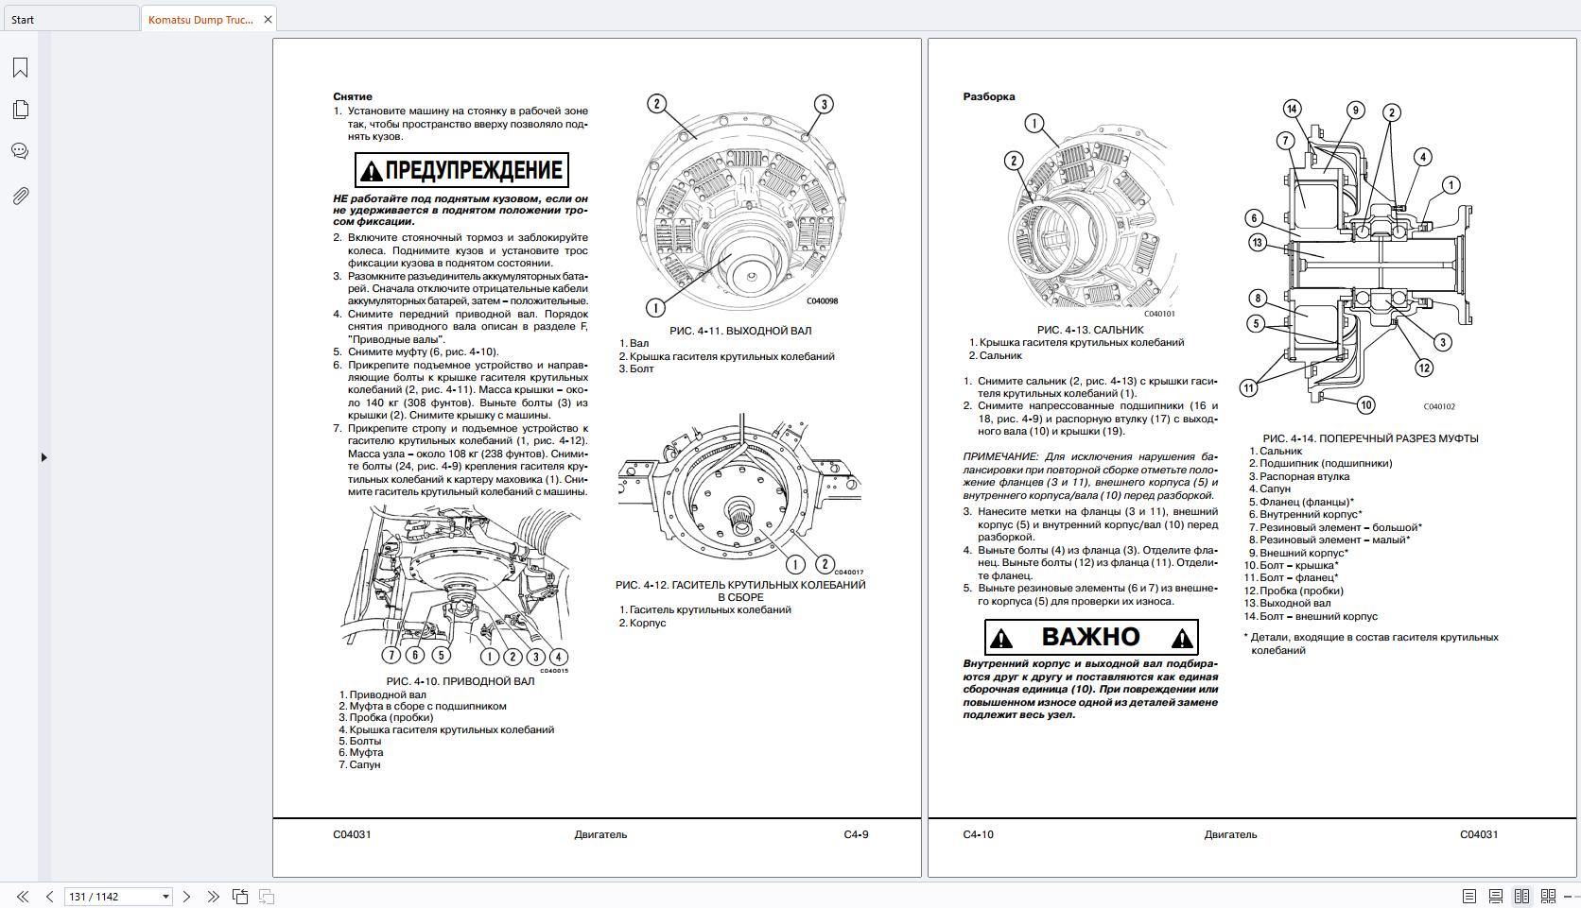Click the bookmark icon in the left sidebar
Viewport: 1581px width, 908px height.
(20, 67)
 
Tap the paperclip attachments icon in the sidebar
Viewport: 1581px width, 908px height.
(20, 196)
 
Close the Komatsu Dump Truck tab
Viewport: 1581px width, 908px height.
(268, 19)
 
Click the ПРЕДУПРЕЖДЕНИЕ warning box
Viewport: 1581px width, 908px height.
(461, 170)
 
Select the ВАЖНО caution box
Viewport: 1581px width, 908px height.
(1091, 637)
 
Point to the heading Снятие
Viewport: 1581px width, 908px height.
(352, 96)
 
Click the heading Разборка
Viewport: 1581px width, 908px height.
(988, 96)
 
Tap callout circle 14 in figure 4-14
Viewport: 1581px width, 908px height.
(1292, 109)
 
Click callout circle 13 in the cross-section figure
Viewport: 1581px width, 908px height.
(1257, 243)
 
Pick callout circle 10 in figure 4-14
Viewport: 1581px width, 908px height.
(1365, 405)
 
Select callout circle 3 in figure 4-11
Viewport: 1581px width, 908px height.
(824, 104)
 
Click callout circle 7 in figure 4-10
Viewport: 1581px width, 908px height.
(391, 655)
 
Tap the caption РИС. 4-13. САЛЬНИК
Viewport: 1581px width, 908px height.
(1089, 330)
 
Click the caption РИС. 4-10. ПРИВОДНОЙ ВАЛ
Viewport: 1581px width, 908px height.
(460, 681)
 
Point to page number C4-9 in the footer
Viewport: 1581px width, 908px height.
(856, 834)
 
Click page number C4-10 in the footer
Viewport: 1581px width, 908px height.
(978, 834)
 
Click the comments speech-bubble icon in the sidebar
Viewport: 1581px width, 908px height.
(20, 151)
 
